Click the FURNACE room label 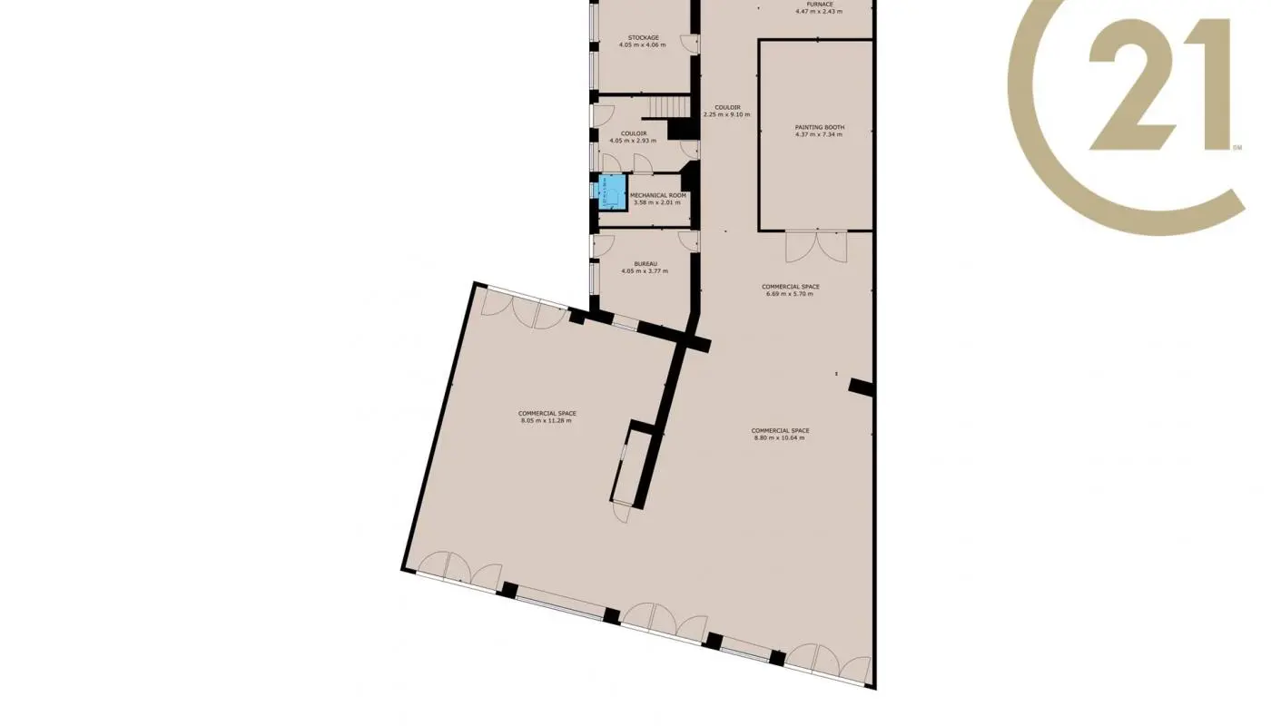(819, 5)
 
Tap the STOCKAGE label (644, 37)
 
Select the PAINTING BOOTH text (819, 127)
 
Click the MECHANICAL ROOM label (659, 195)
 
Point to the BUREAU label (646, 264)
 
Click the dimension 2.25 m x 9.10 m (727, 114)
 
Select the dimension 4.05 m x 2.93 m (633, 141)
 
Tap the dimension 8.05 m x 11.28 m (547, 420)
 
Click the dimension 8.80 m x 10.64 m (780, 437)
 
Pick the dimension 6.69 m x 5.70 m (792, 294)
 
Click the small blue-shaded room (612, 191)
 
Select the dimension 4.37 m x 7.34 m (819, 134)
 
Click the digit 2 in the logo (1130, 86)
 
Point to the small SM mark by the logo (1237, 147)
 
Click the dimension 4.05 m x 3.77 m (645, 271)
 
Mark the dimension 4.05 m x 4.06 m (643, 44)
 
